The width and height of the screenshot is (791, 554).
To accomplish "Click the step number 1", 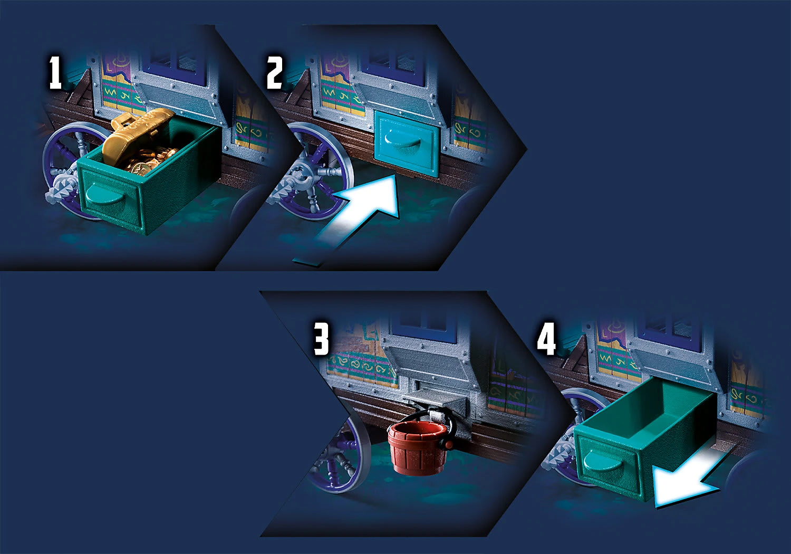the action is (x=55, y=73).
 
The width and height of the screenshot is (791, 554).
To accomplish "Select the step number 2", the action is (x=274, y=72).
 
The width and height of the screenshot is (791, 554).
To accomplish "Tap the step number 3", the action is (x=321, y=339).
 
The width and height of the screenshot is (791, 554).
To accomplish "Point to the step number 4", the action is (x=546, y=339).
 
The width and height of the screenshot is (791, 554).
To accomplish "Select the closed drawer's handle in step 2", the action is (x=402, y=139).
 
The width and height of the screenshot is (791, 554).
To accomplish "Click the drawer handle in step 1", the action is (x=104, y=195).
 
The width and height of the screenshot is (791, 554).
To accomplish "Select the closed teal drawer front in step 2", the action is (x=407, y=144).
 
